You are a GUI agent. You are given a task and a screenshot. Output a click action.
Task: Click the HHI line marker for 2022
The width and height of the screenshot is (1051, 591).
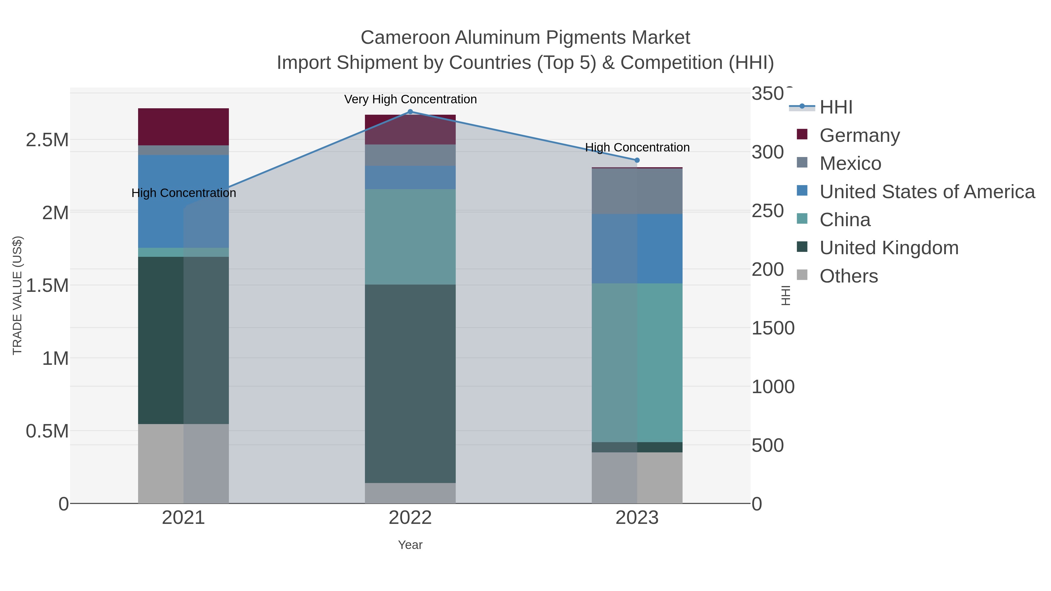[x=410, y=112]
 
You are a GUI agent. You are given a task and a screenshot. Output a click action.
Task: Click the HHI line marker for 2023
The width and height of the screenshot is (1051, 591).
[x=637, y=160]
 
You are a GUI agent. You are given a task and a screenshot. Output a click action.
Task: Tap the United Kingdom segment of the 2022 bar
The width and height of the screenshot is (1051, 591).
[x=410, y=383]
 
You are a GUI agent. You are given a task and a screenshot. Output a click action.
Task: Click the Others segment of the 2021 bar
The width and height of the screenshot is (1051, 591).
[x=183, y=463]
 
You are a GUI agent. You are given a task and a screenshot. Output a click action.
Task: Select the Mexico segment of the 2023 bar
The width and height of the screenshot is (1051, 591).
[x=637, y=191]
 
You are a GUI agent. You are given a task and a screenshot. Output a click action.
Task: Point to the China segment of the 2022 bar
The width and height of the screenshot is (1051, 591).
[x=410, y=237]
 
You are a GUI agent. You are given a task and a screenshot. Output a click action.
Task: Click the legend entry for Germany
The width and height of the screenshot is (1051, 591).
[x=859, y=135]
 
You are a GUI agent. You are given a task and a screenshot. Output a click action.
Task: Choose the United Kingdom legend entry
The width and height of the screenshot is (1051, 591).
[x=889, y=248]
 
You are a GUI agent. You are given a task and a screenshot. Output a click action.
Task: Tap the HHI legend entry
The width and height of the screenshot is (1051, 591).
[x=836, y=107]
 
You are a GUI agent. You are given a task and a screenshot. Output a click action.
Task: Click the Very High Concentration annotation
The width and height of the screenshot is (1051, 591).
[x=410, y=100]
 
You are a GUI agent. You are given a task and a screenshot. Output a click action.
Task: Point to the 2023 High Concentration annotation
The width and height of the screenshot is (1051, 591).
[x=637, y=148]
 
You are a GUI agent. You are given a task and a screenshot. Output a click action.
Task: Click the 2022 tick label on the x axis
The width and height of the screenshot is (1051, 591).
[x=410, y=518]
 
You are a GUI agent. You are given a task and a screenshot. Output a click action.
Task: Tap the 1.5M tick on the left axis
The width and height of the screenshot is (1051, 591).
[x=47, y=285]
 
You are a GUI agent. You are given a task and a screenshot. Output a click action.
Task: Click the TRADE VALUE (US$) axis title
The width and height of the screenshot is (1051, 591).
[x=18, y=295]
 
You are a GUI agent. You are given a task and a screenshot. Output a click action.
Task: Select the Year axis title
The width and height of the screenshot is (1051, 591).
[x=410, y=545]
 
